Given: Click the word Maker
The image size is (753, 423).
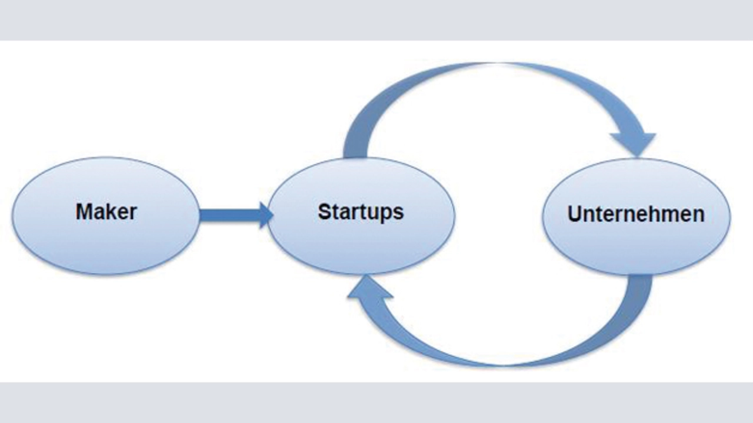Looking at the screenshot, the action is pos(106,212).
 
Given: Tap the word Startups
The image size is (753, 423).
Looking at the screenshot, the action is pos(361,212).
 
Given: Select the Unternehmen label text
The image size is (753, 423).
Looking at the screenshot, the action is pos(636,214).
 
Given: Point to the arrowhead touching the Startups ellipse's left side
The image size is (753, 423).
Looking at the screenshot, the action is pos(266,215).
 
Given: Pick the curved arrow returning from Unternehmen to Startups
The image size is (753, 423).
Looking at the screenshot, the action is pos(504,362).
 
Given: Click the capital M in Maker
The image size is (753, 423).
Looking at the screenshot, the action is pos(84,212).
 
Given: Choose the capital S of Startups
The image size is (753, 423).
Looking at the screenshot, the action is pos(325,212).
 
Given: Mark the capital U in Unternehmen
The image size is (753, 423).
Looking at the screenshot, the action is pos(575,214).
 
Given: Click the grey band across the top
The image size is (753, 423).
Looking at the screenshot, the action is pos(376,20).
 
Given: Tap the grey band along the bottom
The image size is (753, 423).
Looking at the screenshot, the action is pos(376,402).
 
